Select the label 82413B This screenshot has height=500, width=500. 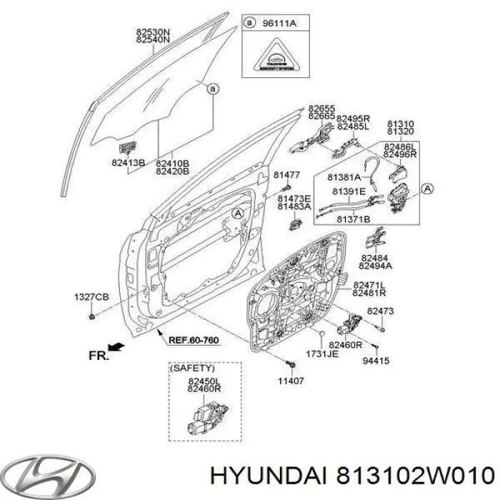coord(128,164)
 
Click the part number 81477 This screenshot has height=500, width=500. coord(287,175)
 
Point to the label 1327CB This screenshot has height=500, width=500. coord(91,296)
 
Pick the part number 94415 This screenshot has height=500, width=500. coord(377,361)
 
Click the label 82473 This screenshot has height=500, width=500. coord(380,311)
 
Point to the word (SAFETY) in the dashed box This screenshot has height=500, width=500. coord(188,369)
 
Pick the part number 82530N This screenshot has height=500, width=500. coord(153,31)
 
